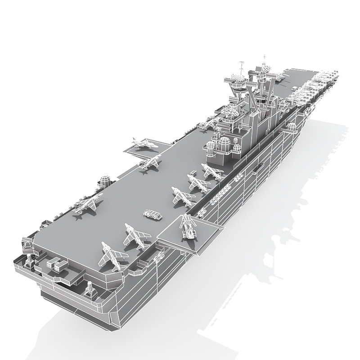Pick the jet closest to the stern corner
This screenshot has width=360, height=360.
[110, 256]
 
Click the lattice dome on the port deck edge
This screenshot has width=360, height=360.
[105, 180]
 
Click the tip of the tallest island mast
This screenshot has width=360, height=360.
[264, 57]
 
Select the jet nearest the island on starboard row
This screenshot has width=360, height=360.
[210, 171]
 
